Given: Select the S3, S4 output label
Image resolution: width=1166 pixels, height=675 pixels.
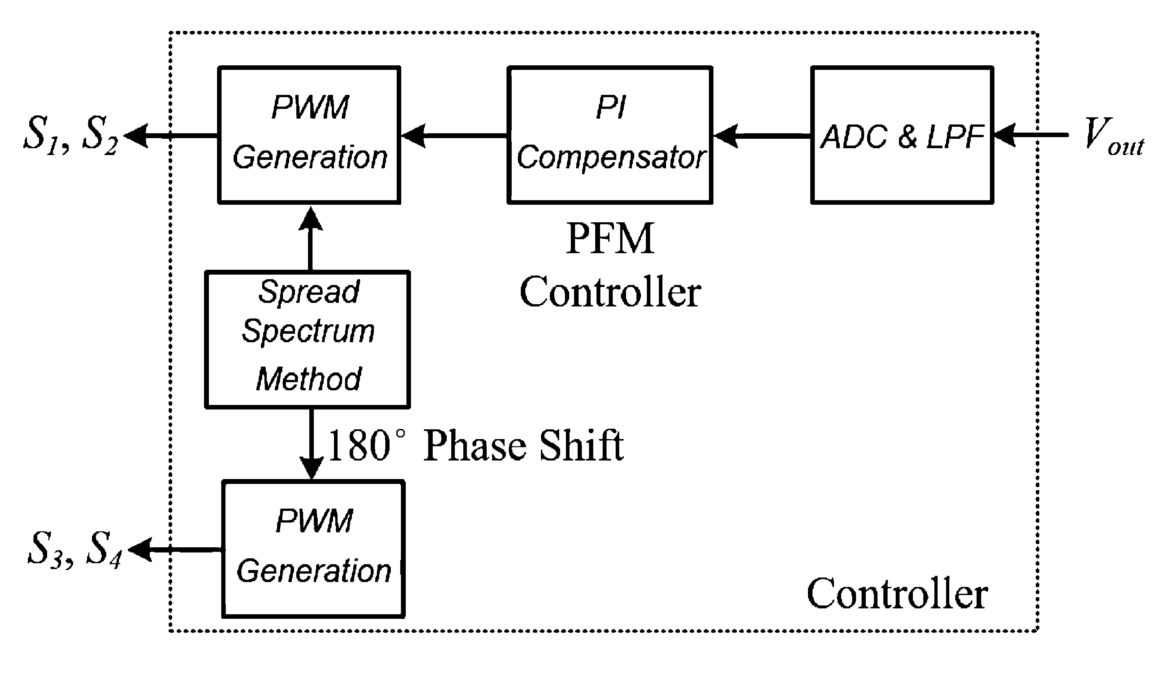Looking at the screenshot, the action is pyautogui.click(x=74, y=549).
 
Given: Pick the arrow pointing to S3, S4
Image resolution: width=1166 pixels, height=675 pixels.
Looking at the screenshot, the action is pyautogui.click(x=174, y=550).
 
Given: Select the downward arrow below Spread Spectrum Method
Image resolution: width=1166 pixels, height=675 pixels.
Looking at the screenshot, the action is pyautogui.click(x=311, y=445).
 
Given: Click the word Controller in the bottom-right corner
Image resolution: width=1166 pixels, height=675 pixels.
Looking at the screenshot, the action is pyautogui.click(x=897, y=594).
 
